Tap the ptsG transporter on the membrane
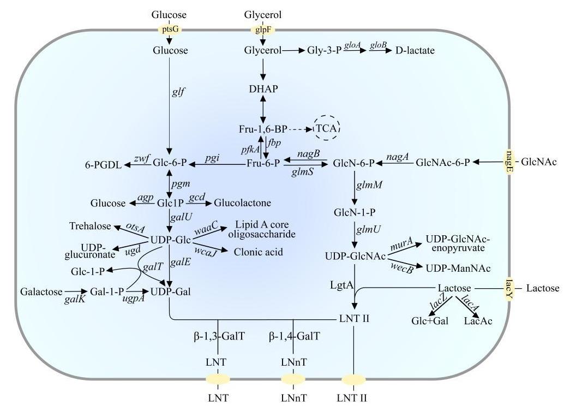tap(169, 29)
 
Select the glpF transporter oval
tap(263, 29)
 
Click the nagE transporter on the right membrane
tap(509, 162)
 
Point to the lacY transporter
tap(509, 288)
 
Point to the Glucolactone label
tap(243, 203)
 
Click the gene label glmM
tap(369, 186)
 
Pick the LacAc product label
tap(478, 321)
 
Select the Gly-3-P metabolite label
tap(324, 51)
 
